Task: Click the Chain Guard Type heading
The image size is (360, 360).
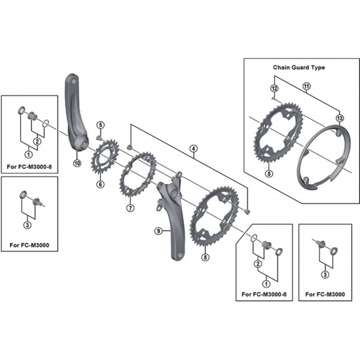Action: click(298, 67)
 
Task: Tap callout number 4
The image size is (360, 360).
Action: click(193, 149)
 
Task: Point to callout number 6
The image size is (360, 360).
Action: click(101, 185)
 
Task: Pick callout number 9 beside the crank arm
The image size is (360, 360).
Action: click(158, 230)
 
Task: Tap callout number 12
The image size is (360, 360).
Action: click(275, 88)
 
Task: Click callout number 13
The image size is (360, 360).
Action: click(339, 118)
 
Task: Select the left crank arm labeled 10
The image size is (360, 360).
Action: click(75, 111)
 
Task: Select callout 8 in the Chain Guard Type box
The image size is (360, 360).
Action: click(269, 173)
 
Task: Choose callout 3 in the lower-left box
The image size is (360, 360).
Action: click(27, 225)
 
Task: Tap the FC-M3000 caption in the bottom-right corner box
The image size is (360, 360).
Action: click(325, 294)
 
